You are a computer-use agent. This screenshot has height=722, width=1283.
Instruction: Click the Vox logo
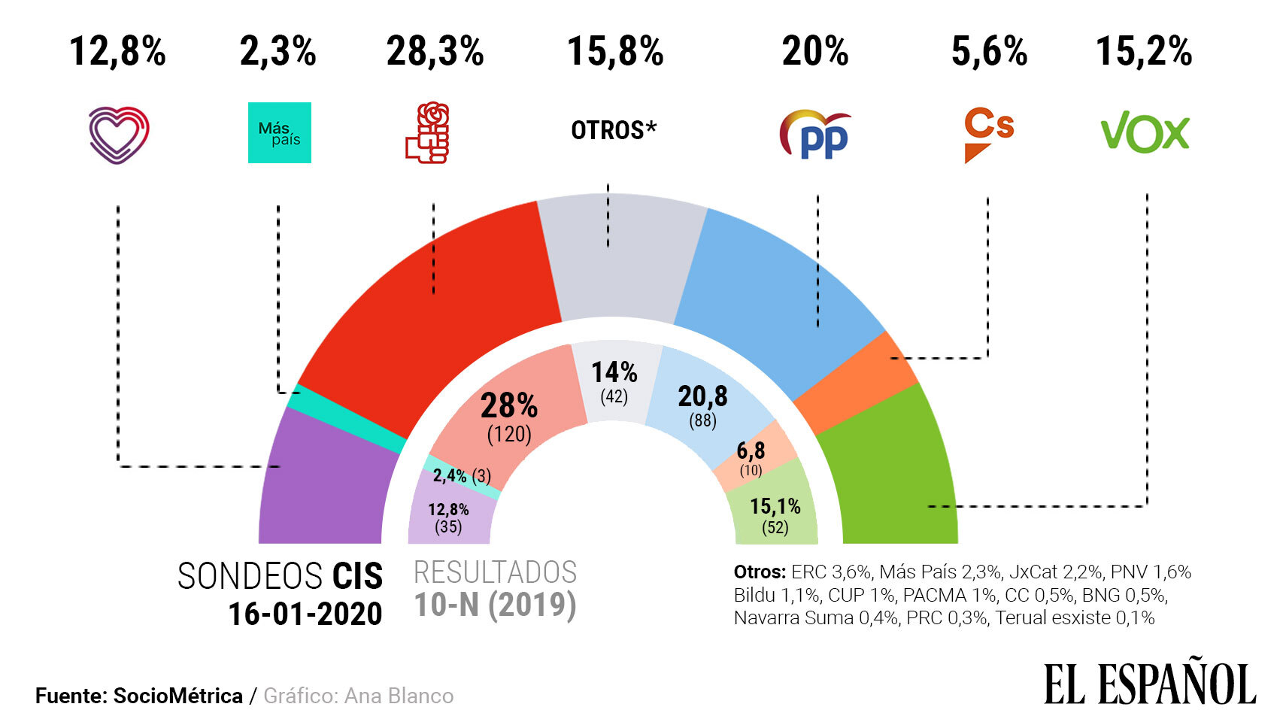(1145, 133)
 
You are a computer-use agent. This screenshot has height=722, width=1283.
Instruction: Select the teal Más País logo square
(279, 133)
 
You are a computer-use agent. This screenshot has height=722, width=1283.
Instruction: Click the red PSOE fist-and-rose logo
(428, 134)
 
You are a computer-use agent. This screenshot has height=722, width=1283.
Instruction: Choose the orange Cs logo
(988, 134)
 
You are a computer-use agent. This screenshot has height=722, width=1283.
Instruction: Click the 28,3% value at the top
(435, 52)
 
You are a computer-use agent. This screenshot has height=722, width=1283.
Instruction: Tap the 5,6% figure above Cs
(989, 52)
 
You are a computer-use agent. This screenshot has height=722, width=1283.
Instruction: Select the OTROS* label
(614, 130)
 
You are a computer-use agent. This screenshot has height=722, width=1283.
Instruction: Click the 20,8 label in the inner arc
(702, 396)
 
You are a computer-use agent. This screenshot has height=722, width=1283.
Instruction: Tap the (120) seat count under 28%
(509, 434)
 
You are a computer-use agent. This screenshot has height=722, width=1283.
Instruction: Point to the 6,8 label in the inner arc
(751, 450)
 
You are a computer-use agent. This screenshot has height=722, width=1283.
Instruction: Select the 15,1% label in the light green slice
(775, 506)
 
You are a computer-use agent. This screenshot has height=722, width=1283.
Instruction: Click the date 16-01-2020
(305, 614)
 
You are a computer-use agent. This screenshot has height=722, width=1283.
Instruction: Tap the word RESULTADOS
(495, 573)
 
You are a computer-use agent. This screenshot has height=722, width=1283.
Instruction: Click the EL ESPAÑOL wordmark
(1149, 684)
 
